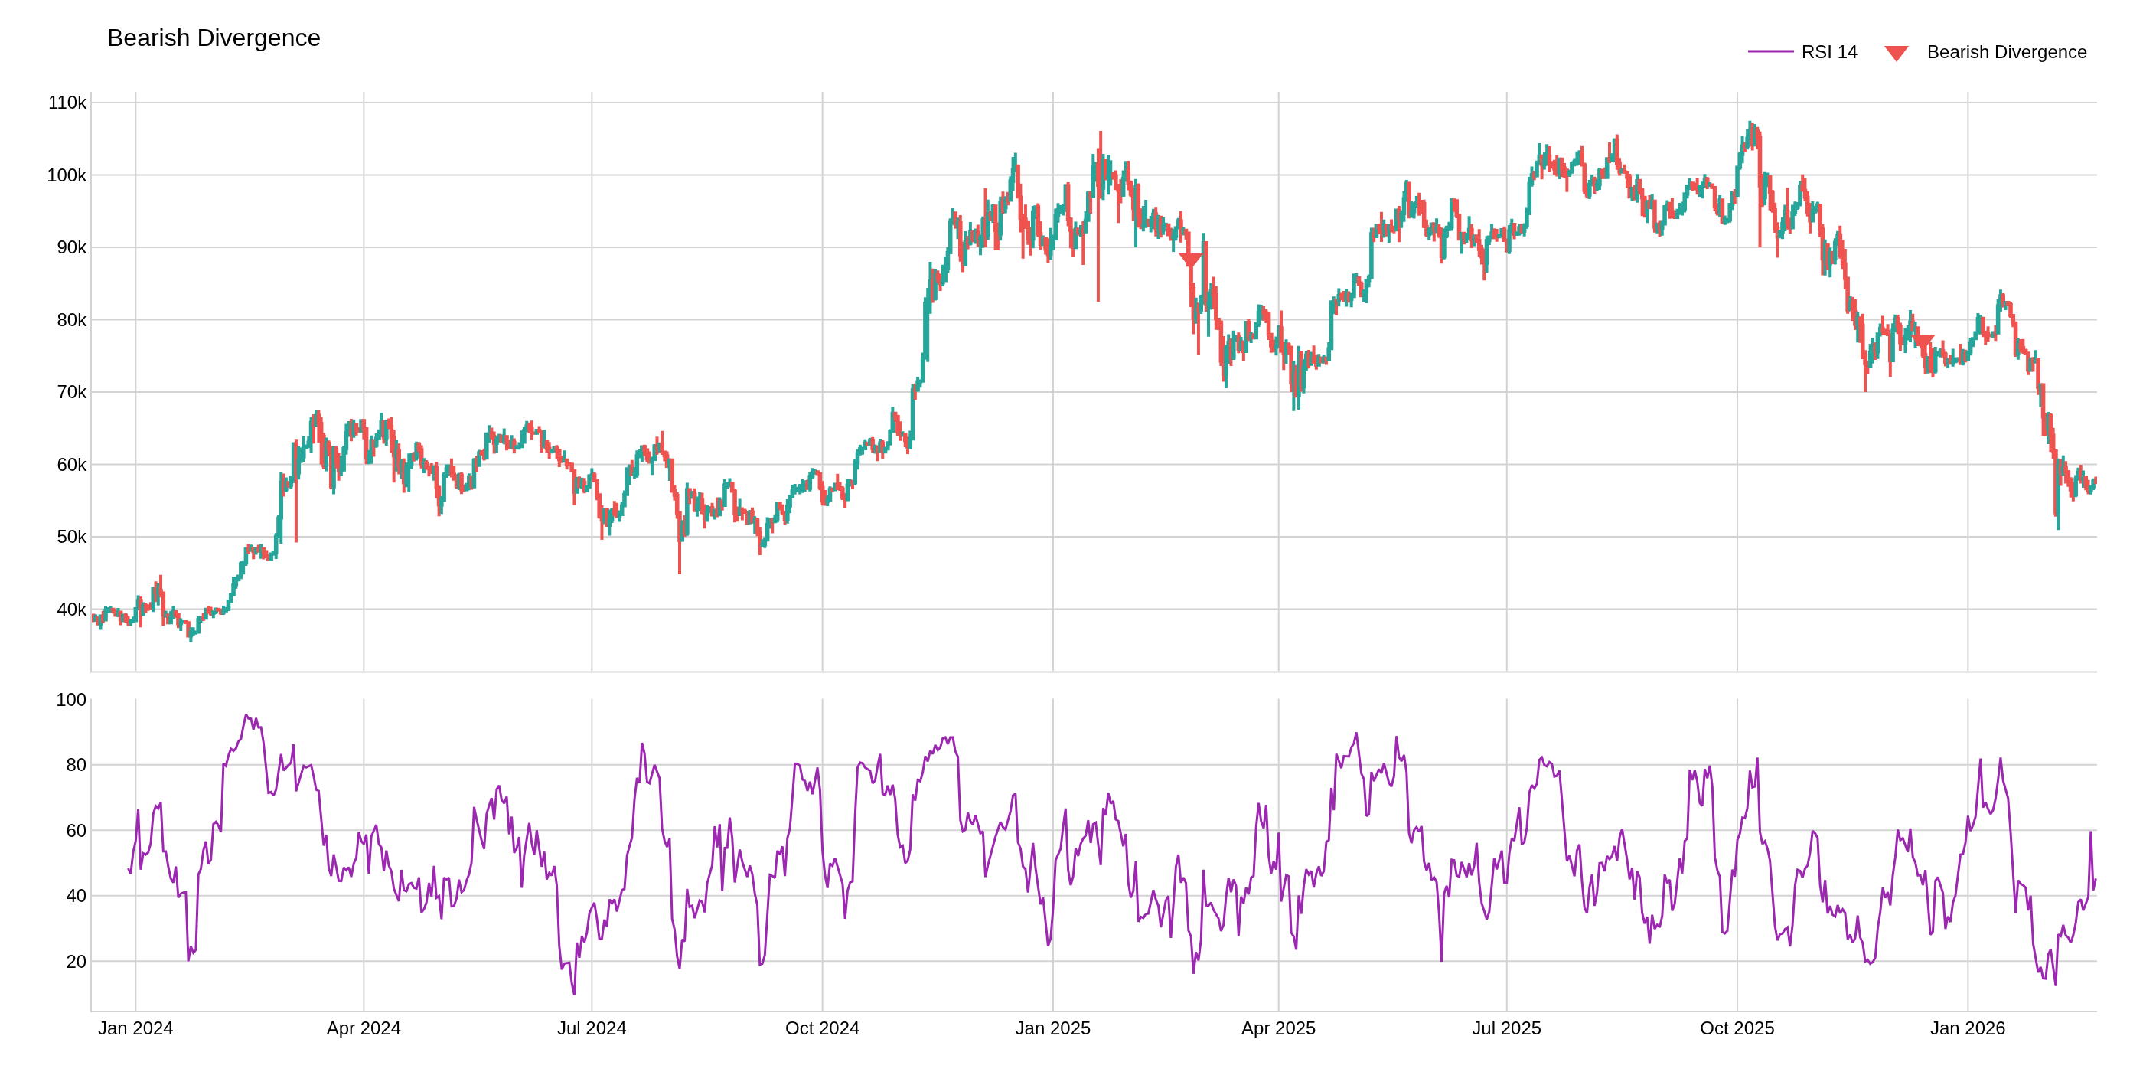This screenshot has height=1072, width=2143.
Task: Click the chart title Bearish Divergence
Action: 213,38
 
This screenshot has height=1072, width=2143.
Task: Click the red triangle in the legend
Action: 1896,54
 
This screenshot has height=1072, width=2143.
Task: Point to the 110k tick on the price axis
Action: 67,103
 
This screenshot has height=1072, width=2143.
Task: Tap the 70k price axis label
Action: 70,392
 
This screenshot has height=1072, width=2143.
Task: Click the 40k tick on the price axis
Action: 70,610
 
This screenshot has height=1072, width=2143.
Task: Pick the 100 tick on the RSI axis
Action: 70,700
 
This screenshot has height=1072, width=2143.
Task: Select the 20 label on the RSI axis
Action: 76,961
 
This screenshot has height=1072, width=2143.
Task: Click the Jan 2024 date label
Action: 135,1028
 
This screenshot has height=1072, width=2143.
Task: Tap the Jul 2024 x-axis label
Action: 592,1028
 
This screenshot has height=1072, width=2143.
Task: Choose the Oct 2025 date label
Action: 1737,1028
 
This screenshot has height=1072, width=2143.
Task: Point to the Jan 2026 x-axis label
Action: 1968,1028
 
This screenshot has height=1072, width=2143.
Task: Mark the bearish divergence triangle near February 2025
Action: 1190,260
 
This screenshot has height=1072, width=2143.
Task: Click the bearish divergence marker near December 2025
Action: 1923,342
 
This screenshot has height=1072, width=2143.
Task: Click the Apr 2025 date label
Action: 1279,1028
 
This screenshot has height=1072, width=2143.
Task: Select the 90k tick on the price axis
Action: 70,247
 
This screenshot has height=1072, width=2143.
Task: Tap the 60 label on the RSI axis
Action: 76,831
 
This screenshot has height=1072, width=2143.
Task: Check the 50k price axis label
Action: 70,537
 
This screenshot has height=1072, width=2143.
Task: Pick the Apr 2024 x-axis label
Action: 364,1028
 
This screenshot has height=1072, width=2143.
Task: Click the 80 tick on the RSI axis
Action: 76,765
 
